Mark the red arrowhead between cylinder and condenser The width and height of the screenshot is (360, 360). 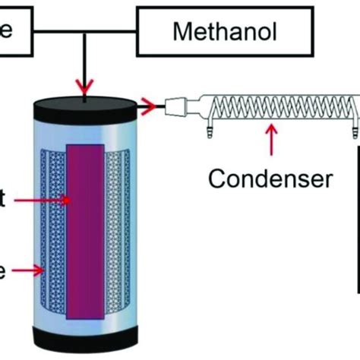pos(153,107)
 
